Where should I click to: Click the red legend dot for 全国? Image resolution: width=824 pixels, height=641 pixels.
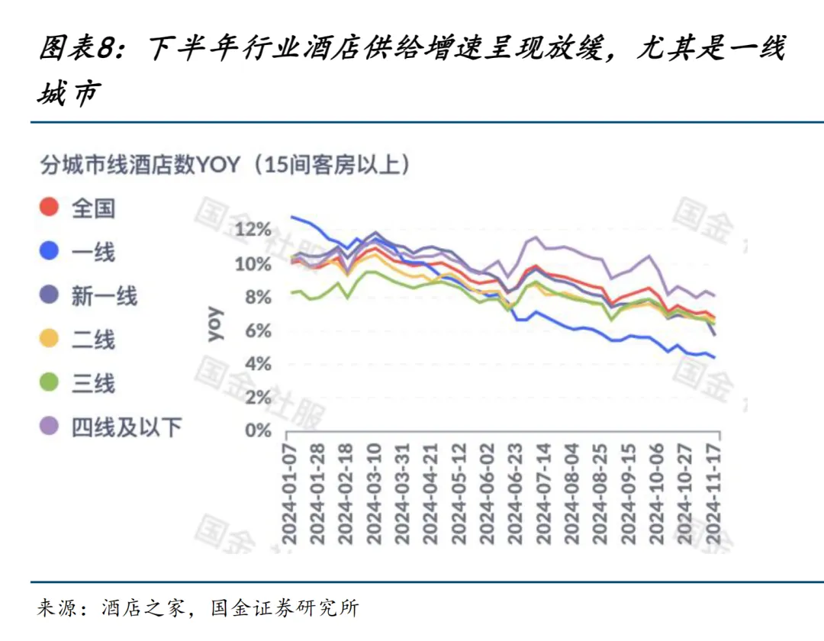point(50,207)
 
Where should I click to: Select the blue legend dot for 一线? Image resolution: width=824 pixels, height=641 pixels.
point(50,251)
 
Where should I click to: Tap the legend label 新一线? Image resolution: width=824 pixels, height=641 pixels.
point(104,295)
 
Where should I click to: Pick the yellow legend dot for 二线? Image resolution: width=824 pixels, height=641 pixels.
point(50,339)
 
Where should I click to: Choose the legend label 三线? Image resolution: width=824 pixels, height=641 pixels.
point(93,383)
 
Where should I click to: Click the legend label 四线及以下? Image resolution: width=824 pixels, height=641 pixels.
point(127,427)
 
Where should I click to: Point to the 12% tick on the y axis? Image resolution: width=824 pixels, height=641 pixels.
point(253,230)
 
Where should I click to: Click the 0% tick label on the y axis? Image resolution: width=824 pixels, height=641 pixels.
point(258,430)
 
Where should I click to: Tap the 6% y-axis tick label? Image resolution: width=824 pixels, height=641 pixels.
point(258,330)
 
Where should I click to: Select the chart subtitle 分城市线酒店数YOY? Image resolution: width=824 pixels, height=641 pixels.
point(140,164)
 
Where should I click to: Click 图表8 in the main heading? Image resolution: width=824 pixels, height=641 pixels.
point(76,49)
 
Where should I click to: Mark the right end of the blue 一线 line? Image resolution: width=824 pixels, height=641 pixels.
point(714,356)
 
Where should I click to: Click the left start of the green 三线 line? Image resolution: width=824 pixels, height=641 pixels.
point(291,292)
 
